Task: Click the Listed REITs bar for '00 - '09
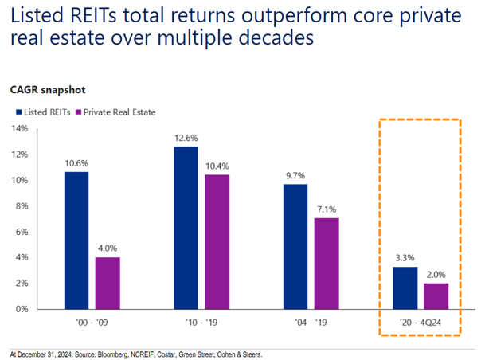coord(77,240)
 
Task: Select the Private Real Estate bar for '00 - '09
coord(108,283)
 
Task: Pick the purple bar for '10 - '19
coord(216,241)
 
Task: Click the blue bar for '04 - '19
coord(295,246)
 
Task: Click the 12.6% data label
coord(186,136)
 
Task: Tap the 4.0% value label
coord(108,247)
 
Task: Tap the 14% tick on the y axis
coord(19,128)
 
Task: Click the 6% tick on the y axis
coord(22,232)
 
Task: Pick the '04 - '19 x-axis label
coord(310,324)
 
